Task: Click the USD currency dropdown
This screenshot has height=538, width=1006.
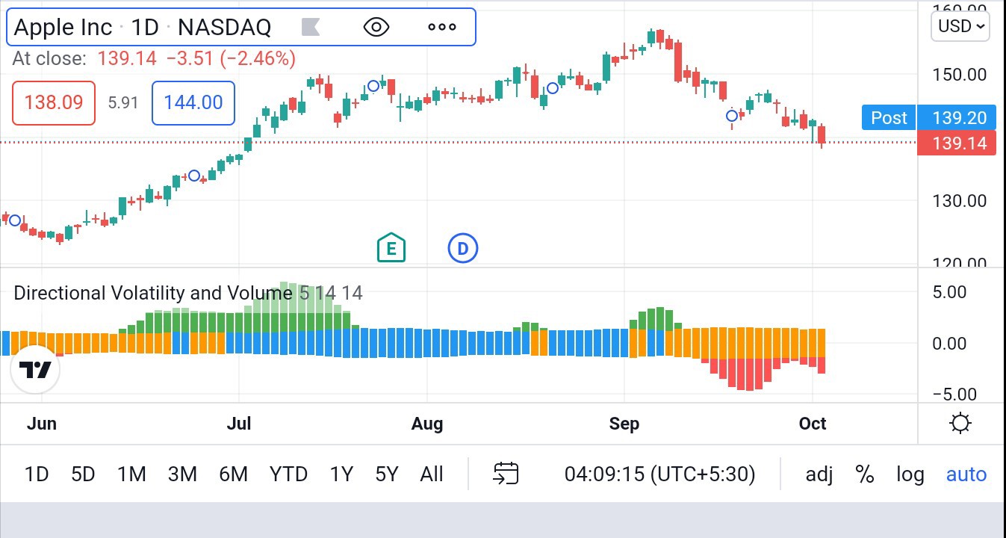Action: (x=960, y=26)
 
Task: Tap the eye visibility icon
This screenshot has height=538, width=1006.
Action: (x=376, y=28)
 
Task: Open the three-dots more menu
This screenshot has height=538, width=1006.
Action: (x=441, y=28)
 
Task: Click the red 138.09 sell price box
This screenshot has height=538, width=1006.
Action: (x=54, y=102)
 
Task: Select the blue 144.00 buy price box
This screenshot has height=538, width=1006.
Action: (x=193, y=102)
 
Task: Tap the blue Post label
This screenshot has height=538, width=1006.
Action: (x=889, y=118)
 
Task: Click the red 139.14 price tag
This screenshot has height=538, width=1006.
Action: (x=957, y=143)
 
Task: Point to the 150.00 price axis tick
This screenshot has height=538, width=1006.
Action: (x=960, y=75)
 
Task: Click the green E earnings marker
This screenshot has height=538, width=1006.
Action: (x=391, y=248)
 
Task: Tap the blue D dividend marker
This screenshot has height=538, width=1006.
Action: (x=462, y=248)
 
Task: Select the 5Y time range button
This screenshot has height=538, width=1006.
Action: (x=387, y=474)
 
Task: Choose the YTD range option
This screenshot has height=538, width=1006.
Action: (x=288, y=474)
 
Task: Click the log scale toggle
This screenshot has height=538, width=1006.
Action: (x=910, y=474)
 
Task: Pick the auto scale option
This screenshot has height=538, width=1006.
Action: (x=966, y=474)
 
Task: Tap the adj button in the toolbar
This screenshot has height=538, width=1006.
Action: (x=819, y=474)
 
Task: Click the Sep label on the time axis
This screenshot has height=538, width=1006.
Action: (x=624, y=424)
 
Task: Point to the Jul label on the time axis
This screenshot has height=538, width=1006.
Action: (x=239, y=424)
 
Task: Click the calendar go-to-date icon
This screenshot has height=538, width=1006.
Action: (x=506, y=474)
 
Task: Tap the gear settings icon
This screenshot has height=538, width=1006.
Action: (x=960, y=424)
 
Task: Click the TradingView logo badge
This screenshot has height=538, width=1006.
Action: (x=35, y=370)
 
